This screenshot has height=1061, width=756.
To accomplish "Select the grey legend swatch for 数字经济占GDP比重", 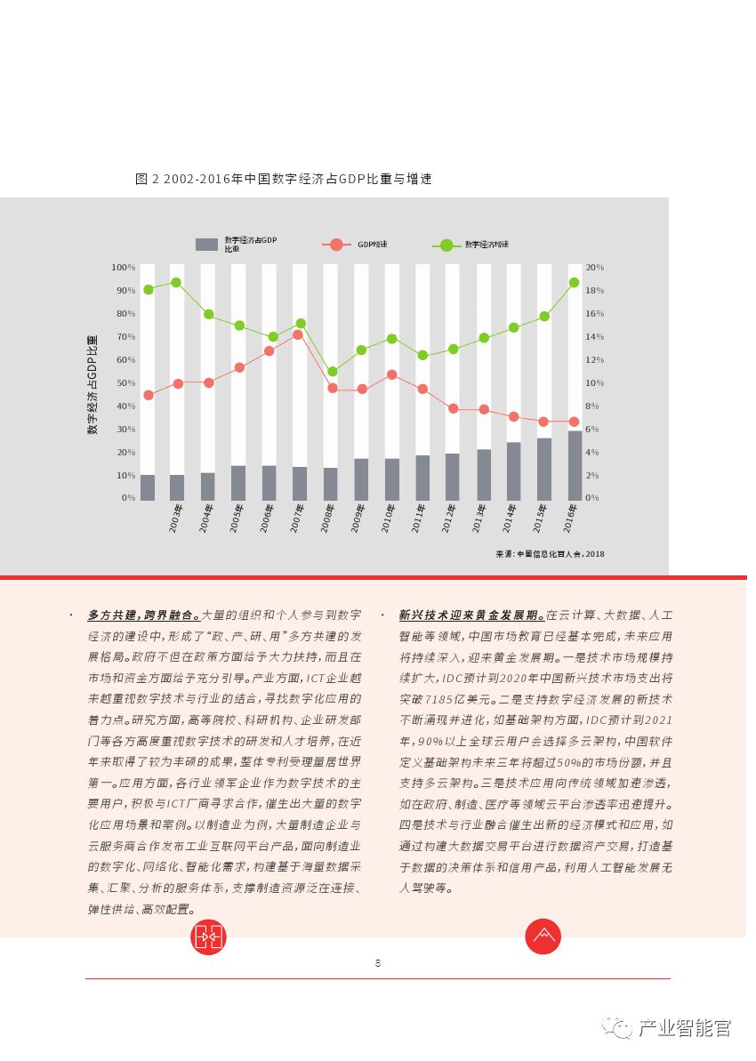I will coord(206,245).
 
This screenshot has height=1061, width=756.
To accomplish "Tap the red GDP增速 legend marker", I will coord(335,245).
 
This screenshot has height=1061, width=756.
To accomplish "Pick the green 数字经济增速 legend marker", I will coord(446,245).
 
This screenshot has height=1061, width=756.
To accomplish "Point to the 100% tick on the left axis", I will coord(123,268).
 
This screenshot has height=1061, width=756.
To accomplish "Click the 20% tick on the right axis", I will coord(594,268).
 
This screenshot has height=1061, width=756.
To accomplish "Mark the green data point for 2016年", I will coord(574,283).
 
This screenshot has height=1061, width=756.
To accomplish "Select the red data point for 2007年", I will coord(299,334).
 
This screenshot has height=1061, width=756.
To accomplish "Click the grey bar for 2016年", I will coord(575,465).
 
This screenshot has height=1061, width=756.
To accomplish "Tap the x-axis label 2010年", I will coord(388,518).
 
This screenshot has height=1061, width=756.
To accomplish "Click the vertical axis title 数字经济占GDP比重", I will coord(92,384).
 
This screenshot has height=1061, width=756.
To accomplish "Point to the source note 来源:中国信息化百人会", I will coord(550,554).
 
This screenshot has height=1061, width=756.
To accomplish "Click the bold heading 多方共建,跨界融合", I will coord(143,615).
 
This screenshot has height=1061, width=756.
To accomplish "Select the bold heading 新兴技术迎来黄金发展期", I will coord(471,615).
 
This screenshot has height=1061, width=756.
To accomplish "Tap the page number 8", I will coord(378,963).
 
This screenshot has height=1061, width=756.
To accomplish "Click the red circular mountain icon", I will coord(543,936).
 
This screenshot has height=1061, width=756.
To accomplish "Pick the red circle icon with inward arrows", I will coord(209,936).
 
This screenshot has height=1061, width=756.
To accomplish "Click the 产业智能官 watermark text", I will coord(684,1029).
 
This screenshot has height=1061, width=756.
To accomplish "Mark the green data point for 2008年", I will coord(332,372).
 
